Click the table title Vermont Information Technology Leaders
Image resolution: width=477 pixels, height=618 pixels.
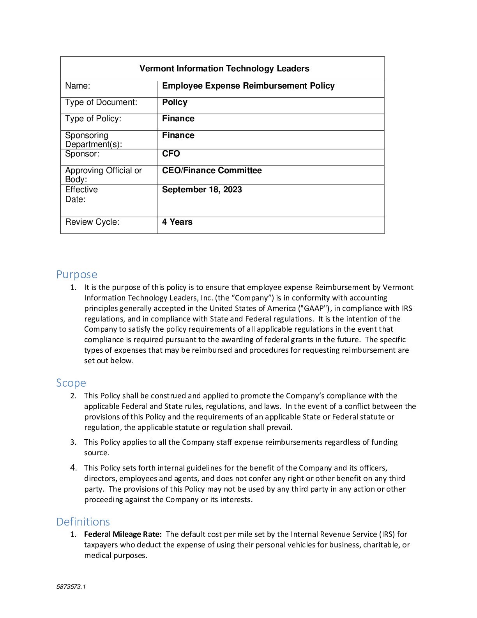(x=224, y=69)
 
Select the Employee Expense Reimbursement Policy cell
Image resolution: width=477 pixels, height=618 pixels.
(x=248, y=86)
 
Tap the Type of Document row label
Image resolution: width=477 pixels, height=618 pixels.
(x=101, y=102)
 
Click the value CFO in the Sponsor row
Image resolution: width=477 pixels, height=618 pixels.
(x=171, y=154)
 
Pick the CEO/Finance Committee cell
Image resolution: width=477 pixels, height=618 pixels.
(x=212, y=170)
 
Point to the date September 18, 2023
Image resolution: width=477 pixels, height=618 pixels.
(x=201, y=190)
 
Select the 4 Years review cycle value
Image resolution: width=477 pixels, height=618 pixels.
(x=177, y=222)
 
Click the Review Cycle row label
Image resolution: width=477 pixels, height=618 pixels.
(x=92, y=222)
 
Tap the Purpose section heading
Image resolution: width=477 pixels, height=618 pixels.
(x=76, y=274)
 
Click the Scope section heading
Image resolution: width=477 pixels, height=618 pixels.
(x=71, y=383)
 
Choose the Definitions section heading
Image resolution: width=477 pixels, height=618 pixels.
(x=83, y=522)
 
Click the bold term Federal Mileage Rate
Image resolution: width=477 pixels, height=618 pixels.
(x=122, y=534)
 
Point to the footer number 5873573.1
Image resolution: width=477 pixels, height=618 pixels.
(x=71, y=587)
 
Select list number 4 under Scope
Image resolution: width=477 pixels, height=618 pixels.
(x=73, y=467)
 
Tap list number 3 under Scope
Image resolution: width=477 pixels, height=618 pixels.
(x=73, y=442)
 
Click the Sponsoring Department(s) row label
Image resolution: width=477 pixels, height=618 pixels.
(x=93, y=140)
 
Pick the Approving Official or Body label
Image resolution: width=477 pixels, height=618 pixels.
(x=103, y=175)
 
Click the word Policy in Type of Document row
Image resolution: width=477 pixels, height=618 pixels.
(x=175, y=102)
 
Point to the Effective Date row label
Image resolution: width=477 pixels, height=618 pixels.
(x=81, y=194)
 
